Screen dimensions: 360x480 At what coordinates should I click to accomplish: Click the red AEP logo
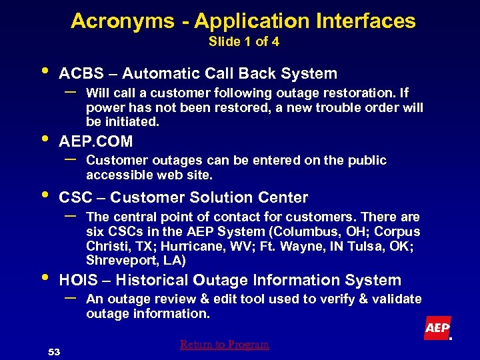pos(437,328)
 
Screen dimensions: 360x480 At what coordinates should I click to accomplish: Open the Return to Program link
pos(224,345)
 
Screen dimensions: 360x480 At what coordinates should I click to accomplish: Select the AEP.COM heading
pos(96,141)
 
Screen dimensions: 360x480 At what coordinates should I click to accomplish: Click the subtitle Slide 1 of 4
pos(244,42)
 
